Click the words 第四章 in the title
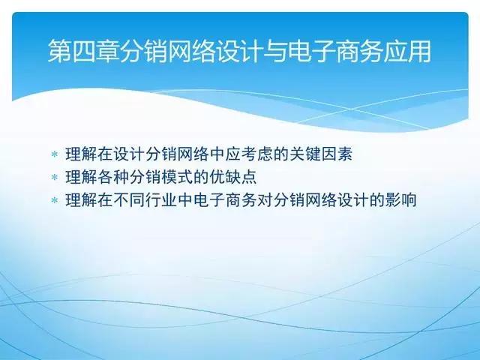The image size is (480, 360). pos(83,52)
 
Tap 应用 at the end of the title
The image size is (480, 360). pos(409,52)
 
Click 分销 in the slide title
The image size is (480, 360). pos(143,52)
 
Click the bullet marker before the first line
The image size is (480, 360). pos(54,154)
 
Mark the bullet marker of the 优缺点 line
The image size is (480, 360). pos(54,178)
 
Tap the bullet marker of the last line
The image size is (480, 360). pos(54,201)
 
